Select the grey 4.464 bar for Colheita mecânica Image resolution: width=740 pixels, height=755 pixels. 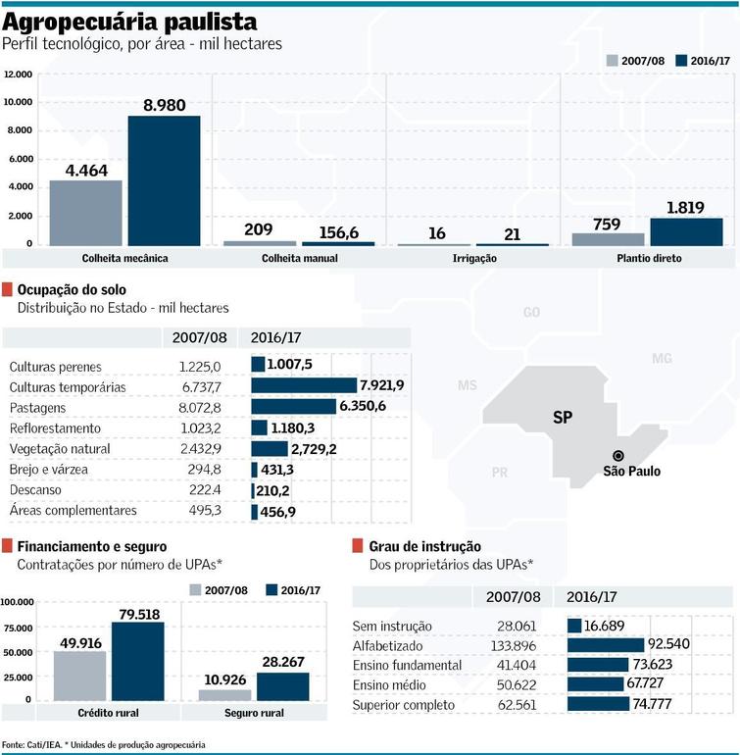pyautogui.click(x=85, y=212)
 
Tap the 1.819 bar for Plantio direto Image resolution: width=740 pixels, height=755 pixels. pyautogui.click(x=686, y=231)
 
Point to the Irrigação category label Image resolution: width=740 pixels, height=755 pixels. pyautogui.click(x=475, y=258)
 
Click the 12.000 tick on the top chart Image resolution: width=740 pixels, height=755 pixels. pyautogui.click(x=19, y=75)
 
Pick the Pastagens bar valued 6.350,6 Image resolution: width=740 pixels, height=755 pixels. pyautogui.click(x=295, y=407)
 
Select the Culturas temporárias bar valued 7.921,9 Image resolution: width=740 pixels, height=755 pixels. pyautogui.click(x=305, y=386)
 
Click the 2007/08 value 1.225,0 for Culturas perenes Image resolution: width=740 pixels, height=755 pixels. pyautogui.click(x=201, y=366)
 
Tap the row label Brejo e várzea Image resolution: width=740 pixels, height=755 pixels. pyautogui.click(x=49, y=470)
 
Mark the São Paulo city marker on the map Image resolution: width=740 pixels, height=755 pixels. pyautogui.click(x=618, y=456)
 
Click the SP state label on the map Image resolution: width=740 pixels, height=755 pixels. pyautogui.click(x=562, y=418)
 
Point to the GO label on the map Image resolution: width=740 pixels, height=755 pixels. pyautogui.click(x=531, y=313)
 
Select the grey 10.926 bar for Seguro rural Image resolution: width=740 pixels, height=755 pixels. pyautogui.click(x=224, y=694)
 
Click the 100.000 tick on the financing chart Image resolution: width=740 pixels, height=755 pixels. pyautogui.click(x=19, y=601)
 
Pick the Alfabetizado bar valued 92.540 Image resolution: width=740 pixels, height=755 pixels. pyautogui.click(x=605, y=645)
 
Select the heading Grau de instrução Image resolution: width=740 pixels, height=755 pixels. pyautogui.click(x=424, y=546)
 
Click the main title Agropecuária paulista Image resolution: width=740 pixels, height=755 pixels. pyautogui.click(x=130, y=22)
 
